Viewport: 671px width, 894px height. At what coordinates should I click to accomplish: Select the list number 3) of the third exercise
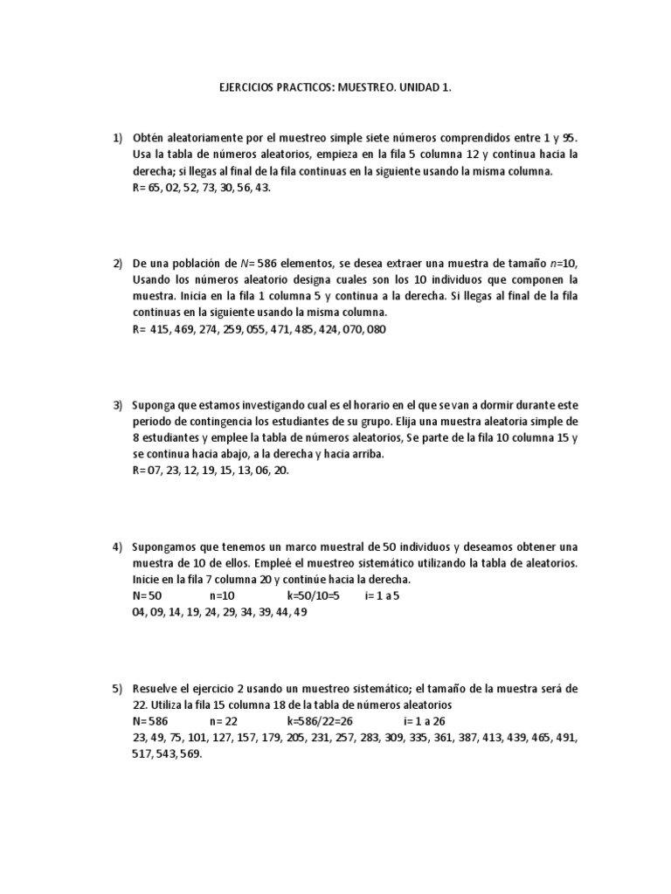[x=117, y=406]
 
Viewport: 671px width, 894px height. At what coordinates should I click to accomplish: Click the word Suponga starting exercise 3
[x=155, y=406]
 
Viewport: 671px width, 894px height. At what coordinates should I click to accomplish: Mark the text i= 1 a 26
[x=425, y=722]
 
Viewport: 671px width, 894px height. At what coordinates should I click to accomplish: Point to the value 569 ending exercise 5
[x=190, y=755]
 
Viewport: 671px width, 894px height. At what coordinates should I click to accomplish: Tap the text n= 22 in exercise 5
[x=224, y=722]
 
